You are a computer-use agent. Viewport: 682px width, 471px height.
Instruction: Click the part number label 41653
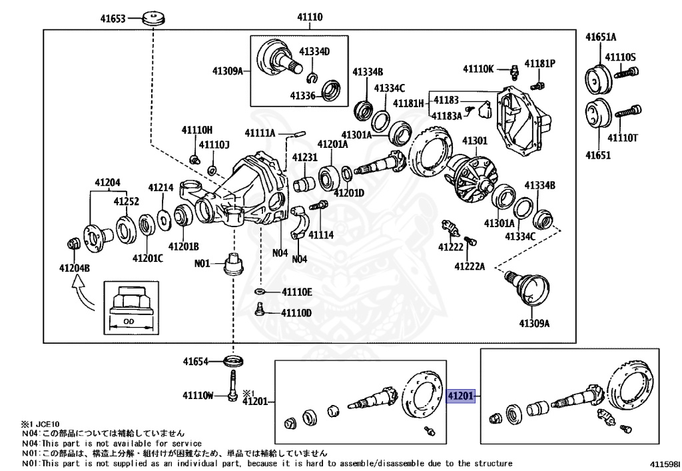coord(113,18)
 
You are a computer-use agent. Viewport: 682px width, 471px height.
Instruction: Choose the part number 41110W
coord(197,396)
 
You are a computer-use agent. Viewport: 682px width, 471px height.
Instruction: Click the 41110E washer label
coord(296,292)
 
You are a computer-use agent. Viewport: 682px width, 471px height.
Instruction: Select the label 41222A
coord(470,266)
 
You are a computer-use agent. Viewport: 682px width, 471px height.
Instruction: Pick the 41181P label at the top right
coord(539,64)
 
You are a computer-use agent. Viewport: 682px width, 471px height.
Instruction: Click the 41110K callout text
coord(479,69)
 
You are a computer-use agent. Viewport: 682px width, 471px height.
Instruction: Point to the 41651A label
coord(601,37)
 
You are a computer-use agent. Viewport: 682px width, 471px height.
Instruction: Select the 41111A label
coord(260,133)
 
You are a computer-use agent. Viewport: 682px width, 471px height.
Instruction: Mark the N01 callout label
coord(202,263)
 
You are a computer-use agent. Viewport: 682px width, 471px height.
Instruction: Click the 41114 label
coord(321,235)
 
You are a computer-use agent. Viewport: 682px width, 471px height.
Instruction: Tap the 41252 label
coord(126,201)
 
